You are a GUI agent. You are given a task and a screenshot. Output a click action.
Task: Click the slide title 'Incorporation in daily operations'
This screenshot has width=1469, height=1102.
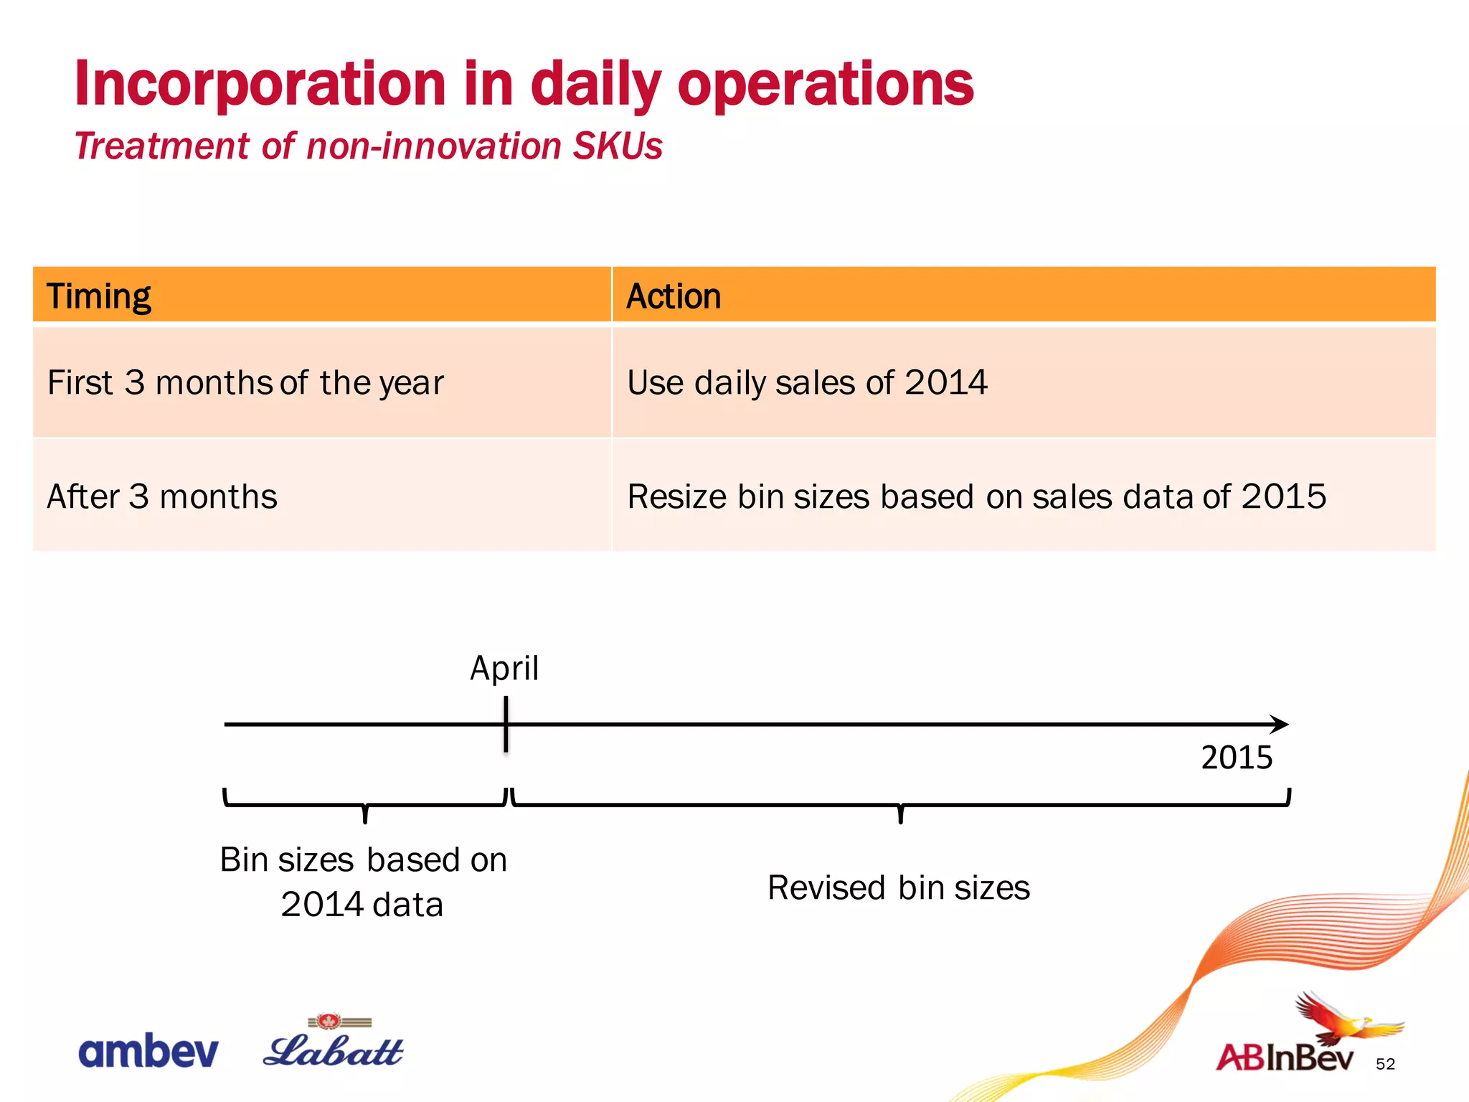coord(524,85)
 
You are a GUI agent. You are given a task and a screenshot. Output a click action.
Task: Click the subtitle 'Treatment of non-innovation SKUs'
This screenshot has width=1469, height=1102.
coord(368,146)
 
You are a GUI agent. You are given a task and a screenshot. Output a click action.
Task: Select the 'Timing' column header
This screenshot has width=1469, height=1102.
coord(99,296)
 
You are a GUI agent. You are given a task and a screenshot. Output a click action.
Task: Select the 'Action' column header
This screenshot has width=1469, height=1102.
coord(673,296)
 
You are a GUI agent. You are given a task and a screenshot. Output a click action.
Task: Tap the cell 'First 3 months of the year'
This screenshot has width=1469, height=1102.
coord(245,382)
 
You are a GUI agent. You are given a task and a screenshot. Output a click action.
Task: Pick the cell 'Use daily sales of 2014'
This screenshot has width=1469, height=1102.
coord(807,382)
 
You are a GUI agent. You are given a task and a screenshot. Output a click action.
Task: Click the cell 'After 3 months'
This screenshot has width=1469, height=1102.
coord(162,496)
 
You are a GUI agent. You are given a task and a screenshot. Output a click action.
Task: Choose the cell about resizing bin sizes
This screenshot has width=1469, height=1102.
coord(976,496)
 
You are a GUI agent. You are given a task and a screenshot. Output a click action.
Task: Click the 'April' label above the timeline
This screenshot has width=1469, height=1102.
coord(504,668)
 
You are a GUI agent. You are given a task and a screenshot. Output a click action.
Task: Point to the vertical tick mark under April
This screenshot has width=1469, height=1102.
coord(506,725)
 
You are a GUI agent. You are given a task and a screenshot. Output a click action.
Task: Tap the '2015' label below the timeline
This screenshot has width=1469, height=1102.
coord(1237,758)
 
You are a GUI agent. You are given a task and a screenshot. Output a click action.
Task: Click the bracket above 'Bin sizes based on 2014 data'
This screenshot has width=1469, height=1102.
coord(365,804)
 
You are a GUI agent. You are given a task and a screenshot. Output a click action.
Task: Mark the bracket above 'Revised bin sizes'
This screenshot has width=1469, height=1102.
coord(901,804)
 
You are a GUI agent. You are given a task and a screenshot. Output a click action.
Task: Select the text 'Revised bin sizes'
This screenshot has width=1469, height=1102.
coord(898,887)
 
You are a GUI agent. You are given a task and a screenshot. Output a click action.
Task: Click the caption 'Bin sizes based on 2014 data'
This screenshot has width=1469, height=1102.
coord(363,881)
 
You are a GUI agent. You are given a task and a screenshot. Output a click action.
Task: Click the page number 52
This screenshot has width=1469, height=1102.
coord(1385,1064)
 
